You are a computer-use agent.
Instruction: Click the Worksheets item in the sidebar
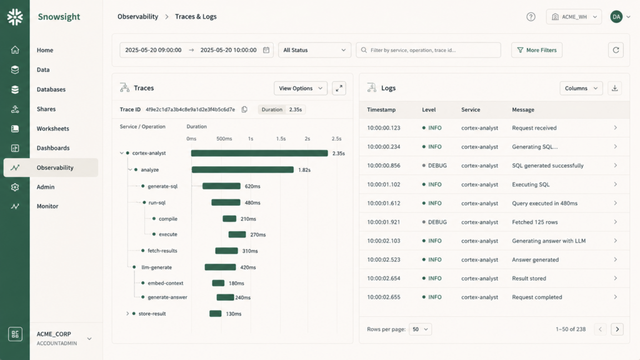(x=52, y=129)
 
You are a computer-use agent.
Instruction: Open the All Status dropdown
(x=314, y=50)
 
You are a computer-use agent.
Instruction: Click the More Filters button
(x=537, y=50)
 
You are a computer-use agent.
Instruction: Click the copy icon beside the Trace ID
(x=244, y=109)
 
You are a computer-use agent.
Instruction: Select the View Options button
(x=301, y=88)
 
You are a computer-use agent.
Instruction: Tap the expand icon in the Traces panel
(x=339, y=88)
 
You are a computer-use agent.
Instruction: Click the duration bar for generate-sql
(x=221, y=186)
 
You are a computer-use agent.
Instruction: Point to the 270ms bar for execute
(x=237, y=234)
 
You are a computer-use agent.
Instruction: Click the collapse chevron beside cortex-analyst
(x=122, y=153)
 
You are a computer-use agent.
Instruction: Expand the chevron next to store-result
(x=127, y=314)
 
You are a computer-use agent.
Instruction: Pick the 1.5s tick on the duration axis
(x=281, y=139)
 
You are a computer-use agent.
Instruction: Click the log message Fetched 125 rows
(x=535, y=222)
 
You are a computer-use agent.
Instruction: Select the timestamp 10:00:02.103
(x=384, y=241)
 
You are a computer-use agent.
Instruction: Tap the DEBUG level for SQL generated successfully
(x=437, y=166)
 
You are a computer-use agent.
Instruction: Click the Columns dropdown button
(x=581, y=88)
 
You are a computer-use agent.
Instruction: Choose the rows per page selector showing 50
(x=420, y=329)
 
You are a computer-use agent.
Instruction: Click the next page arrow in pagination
(x=617, y=329)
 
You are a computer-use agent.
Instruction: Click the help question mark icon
(x=531, y=17)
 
